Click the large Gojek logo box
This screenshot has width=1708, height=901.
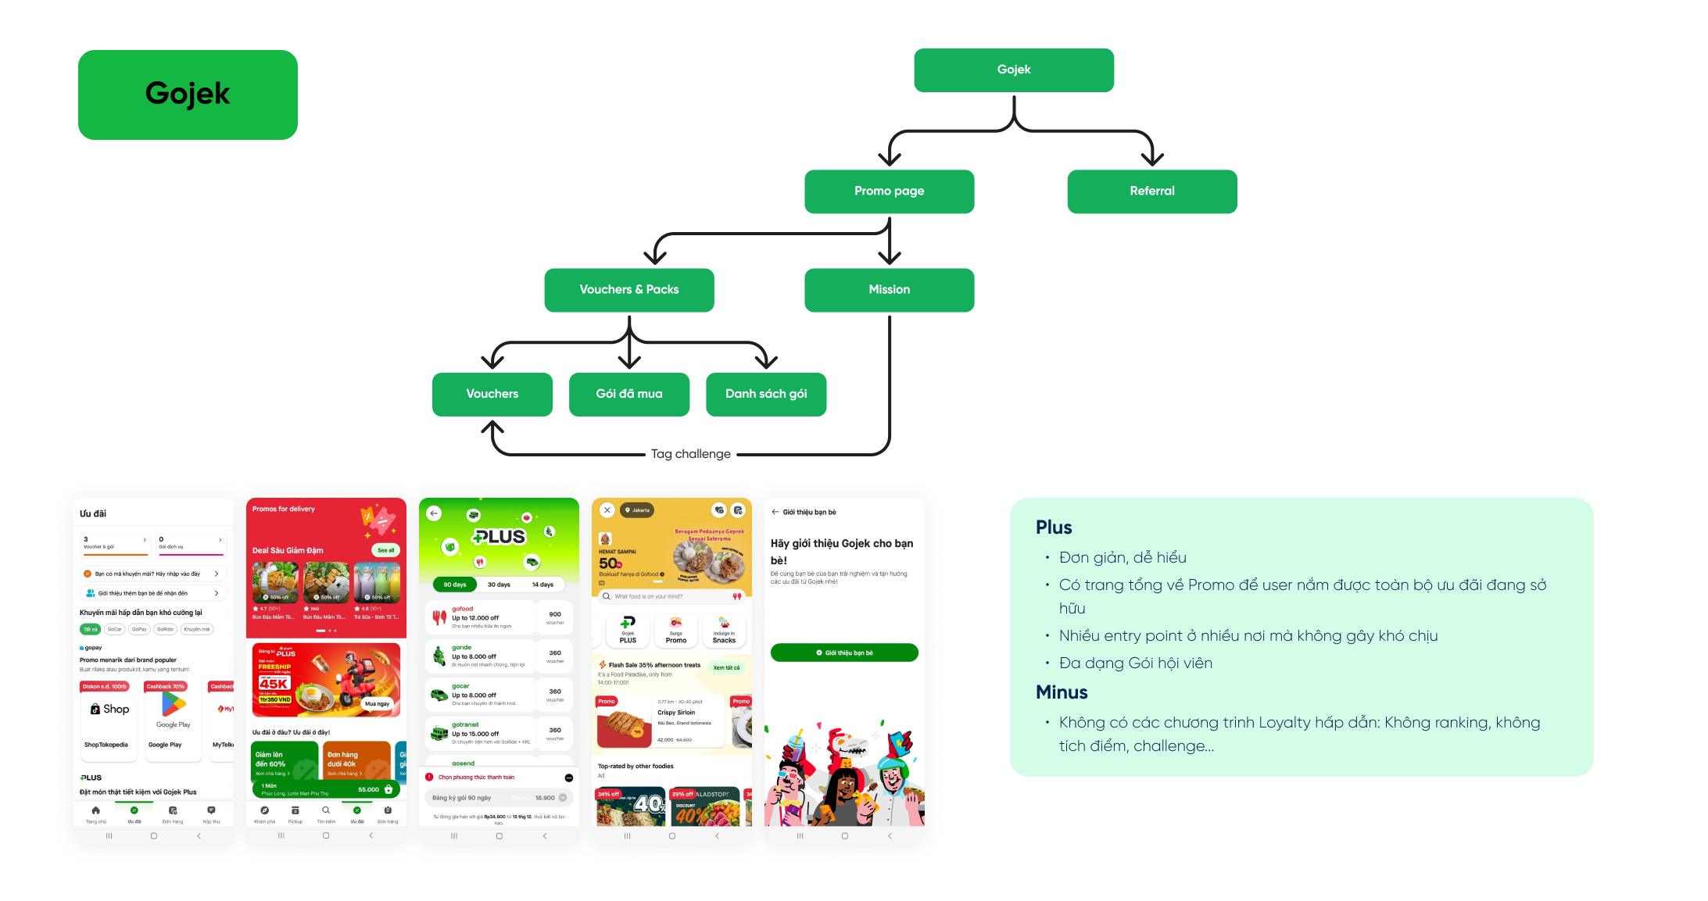pos(188,95)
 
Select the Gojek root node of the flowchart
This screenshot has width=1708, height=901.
pos(1014,70)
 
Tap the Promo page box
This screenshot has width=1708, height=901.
pos(889,191)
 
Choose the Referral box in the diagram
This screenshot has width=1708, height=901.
pos(1151,191)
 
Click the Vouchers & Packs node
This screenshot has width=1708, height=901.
pos(628,289)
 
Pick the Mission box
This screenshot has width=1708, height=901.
pos(889,289)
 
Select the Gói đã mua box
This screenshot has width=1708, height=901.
pos(628,394)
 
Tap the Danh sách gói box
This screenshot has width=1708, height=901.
pos(765,394)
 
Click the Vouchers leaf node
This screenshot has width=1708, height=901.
pos(492,394)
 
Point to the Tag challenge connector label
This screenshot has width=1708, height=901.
pos(691,454)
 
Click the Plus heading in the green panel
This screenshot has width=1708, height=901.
pos(1054,527)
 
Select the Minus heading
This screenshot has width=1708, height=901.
pos(1062,692)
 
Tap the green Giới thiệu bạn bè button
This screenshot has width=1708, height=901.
pos(844,653)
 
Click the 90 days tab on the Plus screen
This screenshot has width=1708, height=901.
pos(455,585)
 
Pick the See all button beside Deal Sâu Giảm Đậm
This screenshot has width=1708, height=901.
pos(385,550)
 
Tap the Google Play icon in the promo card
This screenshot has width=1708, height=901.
pos(174,705)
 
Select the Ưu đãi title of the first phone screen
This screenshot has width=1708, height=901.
pos(93,513)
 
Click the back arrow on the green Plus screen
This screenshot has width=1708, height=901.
pos(435,513)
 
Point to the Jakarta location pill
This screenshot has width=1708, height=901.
pos(637,510)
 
